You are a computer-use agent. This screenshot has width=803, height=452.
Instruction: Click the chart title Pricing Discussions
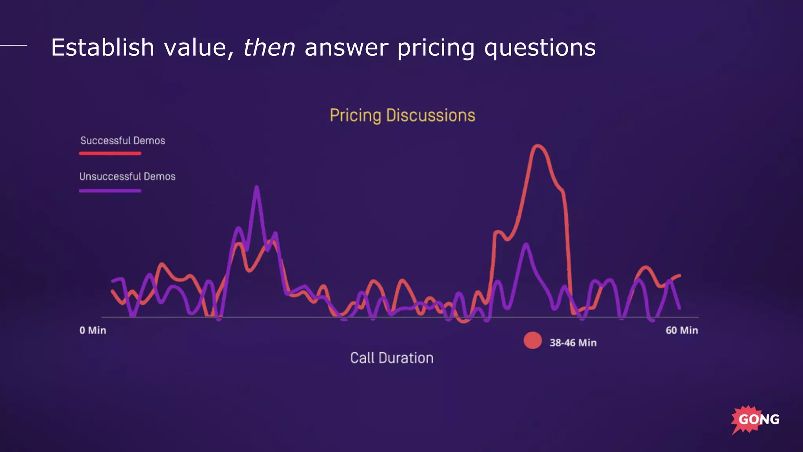402,115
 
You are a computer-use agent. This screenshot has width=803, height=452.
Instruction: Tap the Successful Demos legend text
122,140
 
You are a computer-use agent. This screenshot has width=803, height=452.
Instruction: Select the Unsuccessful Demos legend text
127,177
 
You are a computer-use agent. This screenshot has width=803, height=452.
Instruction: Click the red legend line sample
110,153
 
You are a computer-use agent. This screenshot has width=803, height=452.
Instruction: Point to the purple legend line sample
110,191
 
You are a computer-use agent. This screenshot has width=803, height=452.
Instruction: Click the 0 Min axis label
93,330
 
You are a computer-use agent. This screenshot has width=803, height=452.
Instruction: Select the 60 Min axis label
681,330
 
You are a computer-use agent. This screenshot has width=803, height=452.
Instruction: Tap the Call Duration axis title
392,358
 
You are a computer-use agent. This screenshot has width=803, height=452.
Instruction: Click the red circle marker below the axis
532,340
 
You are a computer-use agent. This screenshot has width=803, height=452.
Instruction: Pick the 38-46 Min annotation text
573,343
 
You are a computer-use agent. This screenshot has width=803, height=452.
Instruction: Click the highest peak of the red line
538,146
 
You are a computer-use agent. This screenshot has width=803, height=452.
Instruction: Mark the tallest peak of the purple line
257,188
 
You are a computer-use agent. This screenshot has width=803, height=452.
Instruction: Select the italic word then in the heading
269,48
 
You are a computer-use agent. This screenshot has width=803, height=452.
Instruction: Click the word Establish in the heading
102,48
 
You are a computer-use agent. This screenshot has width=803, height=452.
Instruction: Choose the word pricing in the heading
436,48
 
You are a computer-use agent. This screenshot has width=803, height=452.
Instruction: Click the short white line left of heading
13,45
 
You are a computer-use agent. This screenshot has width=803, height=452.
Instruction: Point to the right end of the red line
679,275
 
